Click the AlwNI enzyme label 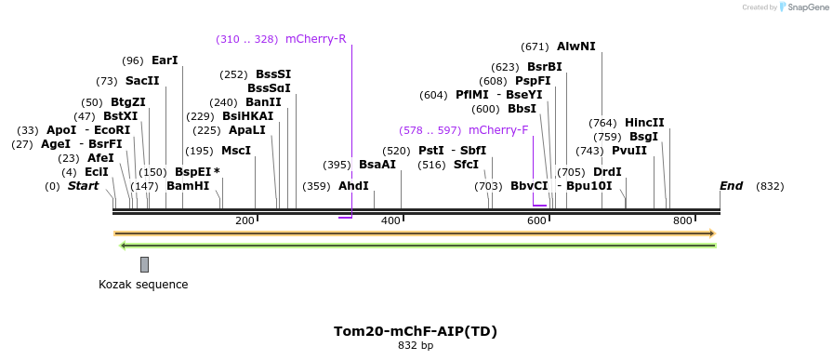(575, 47)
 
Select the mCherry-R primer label (315, 39)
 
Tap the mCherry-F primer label (498, 130)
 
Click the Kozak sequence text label (143, 285)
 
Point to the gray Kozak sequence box (144, 264)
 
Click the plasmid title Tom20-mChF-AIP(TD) (416, 331)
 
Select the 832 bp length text (416, 346)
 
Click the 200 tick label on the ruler (245, 220)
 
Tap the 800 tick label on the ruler (682, 220)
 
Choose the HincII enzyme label (644, 123)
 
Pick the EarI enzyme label (165, 60)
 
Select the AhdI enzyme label (353, 186)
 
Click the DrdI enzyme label (607, 172)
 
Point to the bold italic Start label (83, 186)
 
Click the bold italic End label (731, 186)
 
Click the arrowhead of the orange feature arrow (711, 233)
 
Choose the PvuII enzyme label (630, 151)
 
